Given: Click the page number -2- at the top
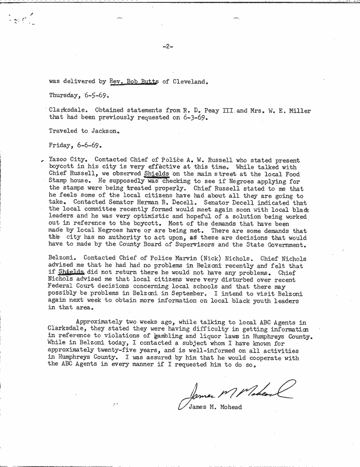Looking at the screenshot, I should click(x=167, y=46).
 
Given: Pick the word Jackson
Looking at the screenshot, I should click(x=105, y=131).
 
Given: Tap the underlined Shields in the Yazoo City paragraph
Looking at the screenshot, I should click(x=156, y=174).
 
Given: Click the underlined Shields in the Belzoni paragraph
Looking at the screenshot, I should click(x=72, y=272).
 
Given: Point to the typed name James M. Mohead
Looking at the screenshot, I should click(x=215, y=407).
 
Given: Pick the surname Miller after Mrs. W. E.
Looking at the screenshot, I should click(x=300, y=111).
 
